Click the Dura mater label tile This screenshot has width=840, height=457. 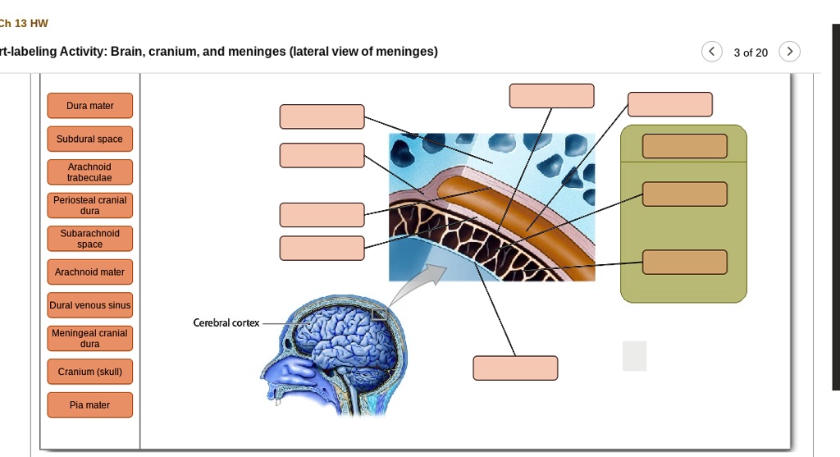pyautogui.click(x=90, y=106)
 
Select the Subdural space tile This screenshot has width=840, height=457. pyautogui.click(x=90, y=139)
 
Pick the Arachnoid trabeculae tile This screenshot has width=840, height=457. pyautogui.click(x=90, y=172)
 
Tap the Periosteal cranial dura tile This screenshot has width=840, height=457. pyautogui.click(x=90, y=205)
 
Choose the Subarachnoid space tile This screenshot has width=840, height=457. pyautogui.click(x=90, y=239)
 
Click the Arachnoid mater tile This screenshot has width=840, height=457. pyautogui.click(x=90, y=272)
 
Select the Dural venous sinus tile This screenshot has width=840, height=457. pyautogui.click(x=90, y=305)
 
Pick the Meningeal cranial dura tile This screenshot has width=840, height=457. pyautogui.click(x=90, y=338)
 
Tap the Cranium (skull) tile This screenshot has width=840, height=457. pyautogui.click(x=90, y=372)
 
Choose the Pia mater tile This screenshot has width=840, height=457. pyautogui.click(x=90, y=404)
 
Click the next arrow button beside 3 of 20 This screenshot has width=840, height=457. pyautogui.click(x=789, y=52)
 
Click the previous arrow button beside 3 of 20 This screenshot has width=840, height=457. pyautogui.click(x=712, y=52)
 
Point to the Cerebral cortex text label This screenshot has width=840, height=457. pyautogui.click(x=226, y=323)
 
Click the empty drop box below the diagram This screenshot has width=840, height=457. pyautogui.click(x=515, y=368)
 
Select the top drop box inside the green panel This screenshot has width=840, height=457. pyautogui.click(x=684, y=146)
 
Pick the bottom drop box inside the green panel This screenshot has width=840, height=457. pyautogui.click(x=684, y=263)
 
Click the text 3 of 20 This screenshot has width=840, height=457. pyautogui.click(x=751, y=53)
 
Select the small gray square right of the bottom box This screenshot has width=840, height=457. pyautogui.click(x=634, y=356)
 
